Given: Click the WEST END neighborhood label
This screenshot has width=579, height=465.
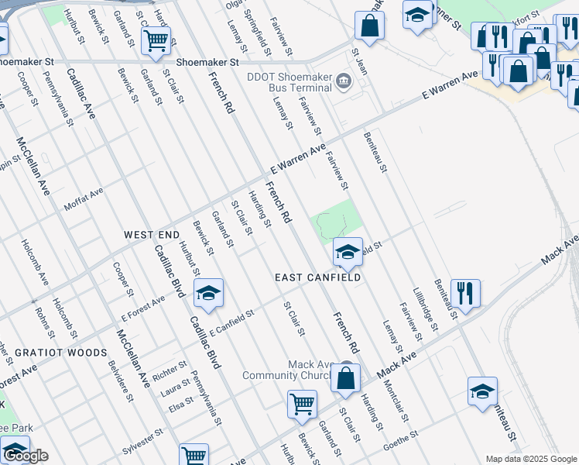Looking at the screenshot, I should click(152, 234).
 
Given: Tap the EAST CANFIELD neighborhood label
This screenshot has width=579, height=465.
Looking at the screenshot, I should click(318, 277).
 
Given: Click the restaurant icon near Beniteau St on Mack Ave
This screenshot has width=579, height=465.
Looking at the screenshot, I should click(465, 294).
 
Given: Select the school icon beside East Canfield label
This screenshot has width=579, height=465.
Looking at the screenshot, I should click(348, 251).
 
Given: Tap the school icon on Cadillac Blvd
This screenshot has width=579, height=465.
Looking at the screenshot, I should click(208, 292).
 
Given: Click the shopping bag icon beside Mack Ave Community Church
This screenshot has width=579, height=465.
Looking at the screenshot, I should click(346, 378).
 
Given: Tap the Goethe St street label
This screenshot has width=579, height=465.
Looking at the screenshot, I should click(401, 443).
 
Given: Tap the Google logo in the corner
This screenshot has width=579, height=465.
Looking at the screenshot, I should click(26, 456).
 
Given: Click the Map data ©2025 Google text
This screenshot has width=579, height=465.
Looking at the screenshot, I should click(530, 459).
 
